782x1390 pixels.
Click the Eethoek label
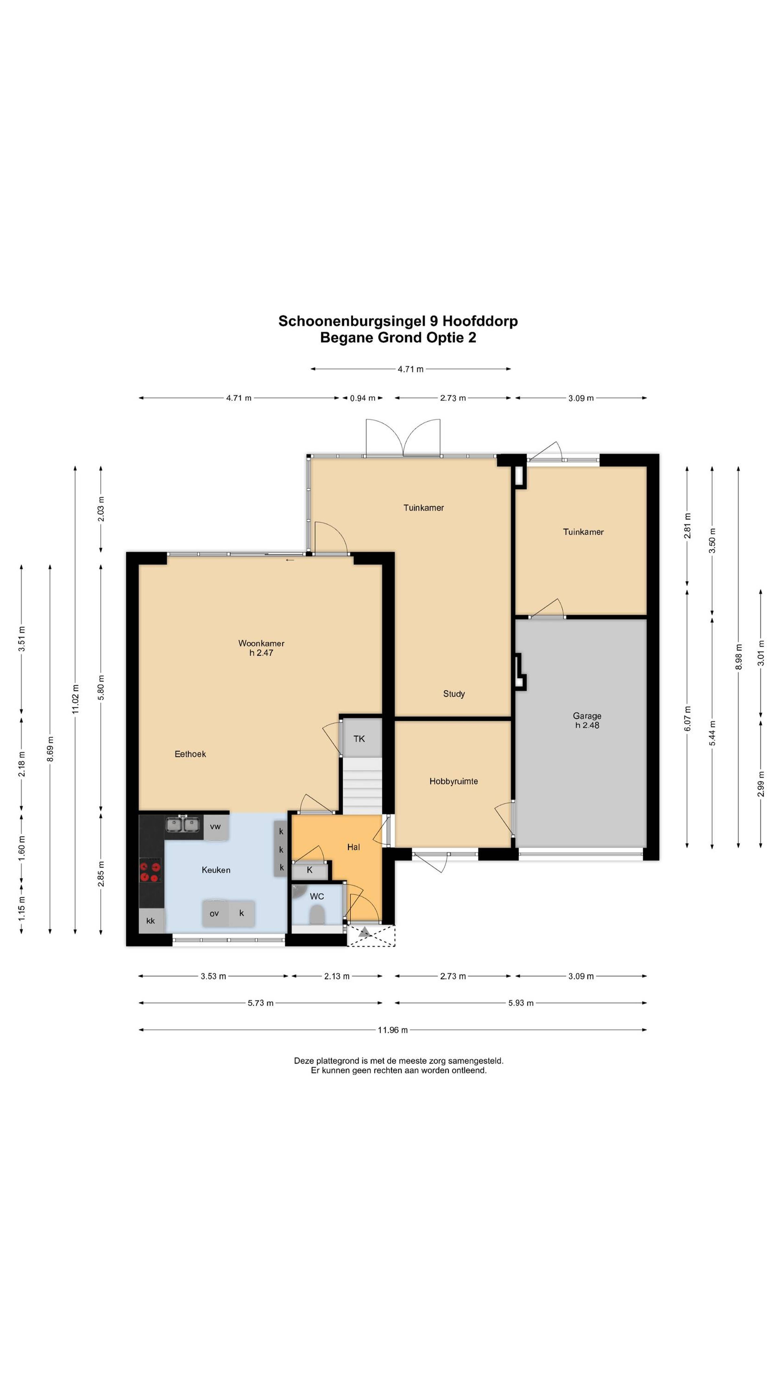(190, 754)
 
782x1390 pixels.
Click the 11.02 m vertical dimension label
(76, 699)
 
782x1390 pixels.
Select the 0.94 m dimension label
(362, 398)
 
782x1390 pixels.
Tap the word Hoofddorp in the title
(480, 321)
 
